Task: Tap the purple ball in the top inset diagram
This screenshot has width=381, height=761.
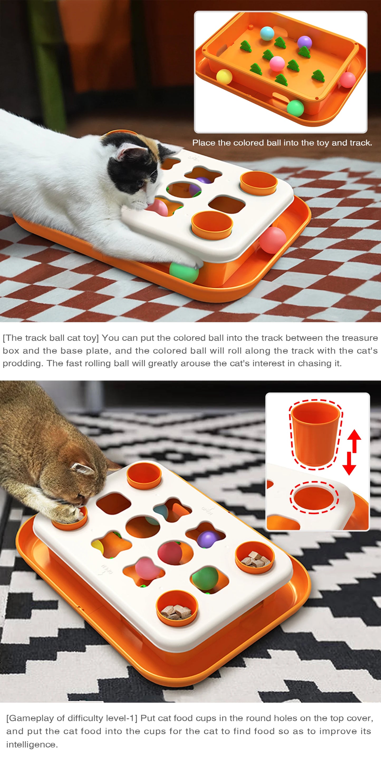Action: pos(304,42)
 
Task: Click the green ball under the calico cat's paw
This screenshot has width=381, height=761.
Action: pos(184,272)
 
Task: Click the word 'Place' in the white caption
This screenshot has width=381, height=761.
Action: pos(204,143)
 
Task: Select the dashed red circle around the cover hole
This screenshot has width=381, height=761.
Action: pos(314,497)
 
